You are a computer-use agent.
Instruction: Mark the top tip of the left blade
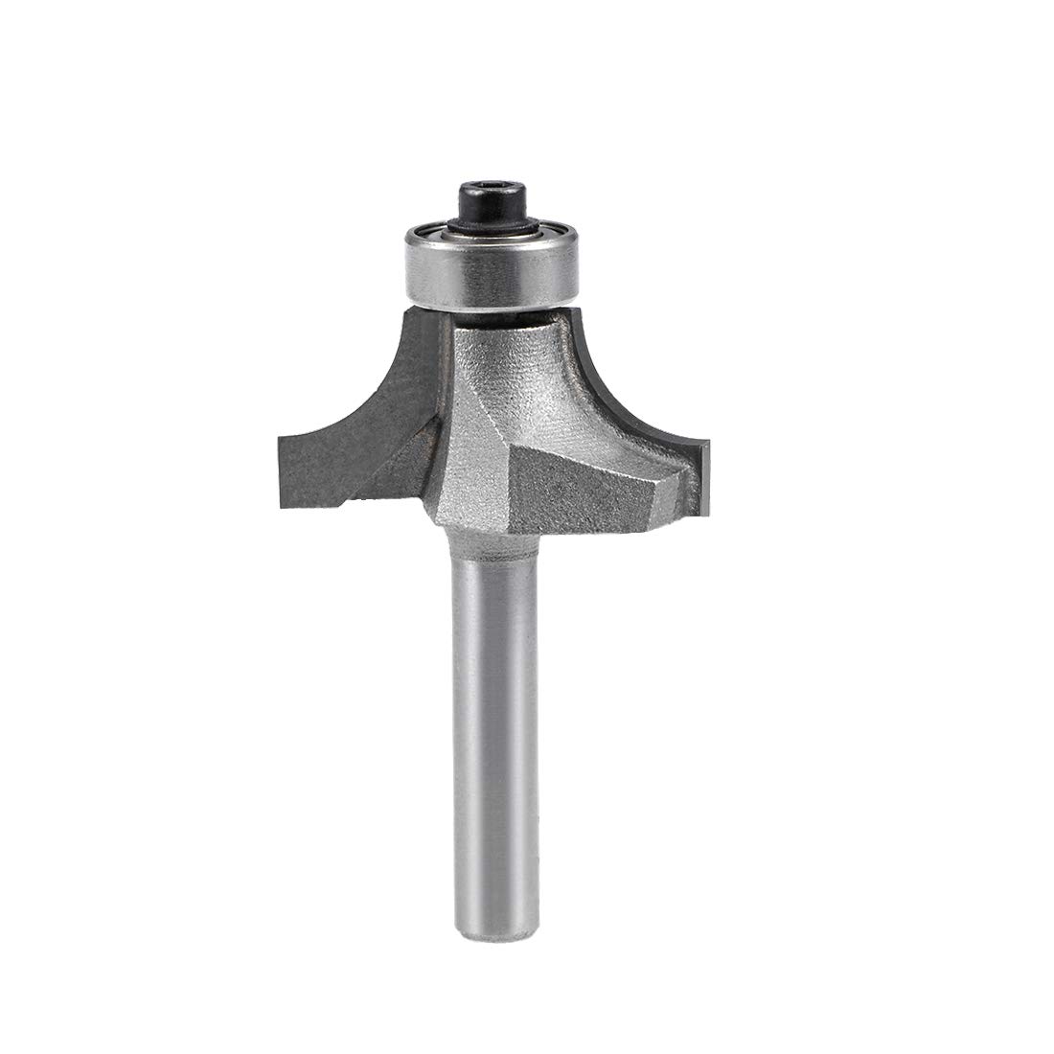tap(412, 303)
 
